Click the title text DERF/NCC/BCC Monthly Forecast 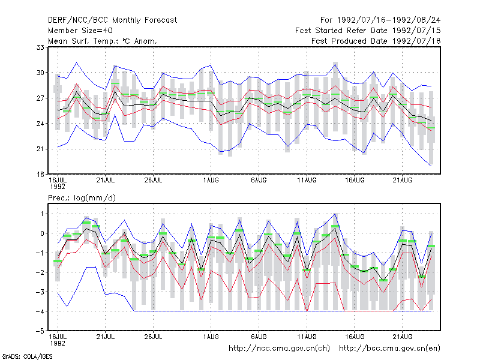pyautogui.click(x=112, y=20)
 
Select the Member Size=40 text pyautogui.click(x=80, y=31)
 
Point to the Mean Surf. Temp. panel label pyautogui.click(x=103, y=41)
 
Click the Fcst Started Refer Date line pyautogui.click(x=368, y=31)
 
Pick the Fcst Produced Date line pyautogui.click(x=376, y=41)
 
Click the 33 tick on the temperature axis pyautogui.click(x=40, y=47)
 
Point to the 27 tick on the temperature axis pyautogui.click(x=40, y=98)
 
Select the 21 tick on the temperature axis pyautogui.click(x=40, y=149)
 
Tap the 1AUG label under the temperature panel pyautogui.click(x=211, y=181)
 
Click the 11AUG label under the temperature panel pyautogui.click(x=307, y=181)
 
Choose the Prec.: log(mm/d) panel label pyautogui.click(x=82, y=198)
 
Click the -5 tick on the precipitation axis pyautogui.click(x=40, y=331)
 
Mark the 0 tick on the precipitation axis pyautogui.click(x=42, y=233)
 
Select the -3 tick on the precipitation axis pyautogui.click(x=40, y=292)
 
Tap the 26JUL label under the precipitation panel pyautogui.click(x=153, y=337)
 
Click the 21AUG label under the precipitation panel pyautogui.click(x=403, y=337)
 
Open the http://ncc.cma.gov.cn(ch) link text pyautogui.click(x=279, y=349)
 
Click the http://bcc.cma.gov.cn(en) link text pyautogui.click(x=389, y=349)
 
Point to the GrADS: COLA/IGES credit pyautogui.click(x=27, y=356)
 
